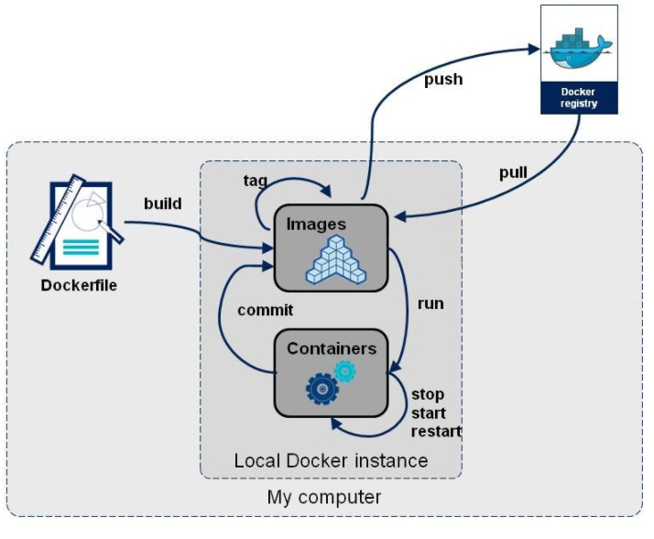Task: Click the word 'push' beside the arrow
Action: click(x=442, y=80)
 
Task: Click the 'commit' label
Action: click(x=266, y=310)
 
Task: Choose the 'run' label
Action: click(x=431, y=302)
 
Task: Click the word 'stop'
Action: click(x=428, y=394)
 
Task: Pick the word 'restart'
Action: click(x=437, y=432)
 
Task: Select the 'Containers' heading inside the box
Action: click(x=332, y=348)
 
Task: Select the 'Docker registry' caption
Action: click(x=578, y=98)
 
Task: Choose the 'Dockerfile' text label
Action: click(x=79, y=285)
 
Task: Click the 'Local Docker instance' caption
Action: click(x=331, y=460)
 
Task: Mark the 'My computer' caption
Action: click(x=324, y=498)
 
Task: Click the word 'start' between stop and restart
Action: click(x=429, y=413)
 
